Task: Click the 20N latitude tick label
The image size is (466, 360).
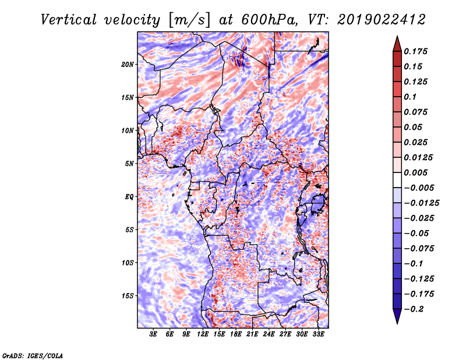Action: [x=128, y=65]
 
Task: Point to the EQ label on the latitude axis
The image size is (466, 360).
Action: [x=129, y=197]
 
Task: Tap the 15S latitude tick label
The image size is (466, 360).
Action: [x=128, y=296]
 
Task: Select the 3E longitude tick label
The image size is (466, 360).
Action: [x=153, y=334]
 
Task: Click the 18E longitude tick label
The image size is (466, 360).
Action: [x=236, y=334]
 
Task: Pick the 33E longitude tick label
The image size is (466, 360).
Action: [x=318, y=334]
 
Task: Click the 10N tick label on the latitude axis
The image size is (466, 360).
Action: [x=128, y=130]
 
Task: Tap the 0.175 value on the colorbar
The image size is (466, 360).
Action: [x=415, y=51]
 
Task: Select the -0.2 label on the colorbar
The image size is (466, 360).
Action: [x=414, y=309]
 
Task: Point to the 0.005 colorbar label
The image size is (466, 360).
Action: [x=415, y=172]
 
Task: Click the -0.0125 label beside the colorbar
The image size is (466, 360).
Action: [x=422, y=203]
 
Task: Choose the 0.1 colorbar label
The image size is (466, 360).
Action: [x=410, y=97]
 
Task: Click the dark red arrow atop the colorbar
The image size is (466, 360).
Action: [x=397, y=44]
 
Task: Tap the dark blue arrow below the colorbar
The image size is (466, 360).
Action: [x=397, y=316]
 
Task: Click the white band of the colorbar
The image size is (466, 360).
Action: [x=397, y=180]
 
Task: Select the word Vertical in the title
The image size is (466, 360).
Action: [x=68, y=20]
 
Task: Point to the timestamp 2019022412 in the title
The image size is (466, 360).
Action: [x=382, y=20]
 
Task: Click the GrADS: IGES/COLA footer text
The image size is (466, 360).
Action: [x=33, y=355]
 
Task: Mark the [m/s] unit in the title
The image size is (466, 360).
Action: [x=189, y=20]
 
